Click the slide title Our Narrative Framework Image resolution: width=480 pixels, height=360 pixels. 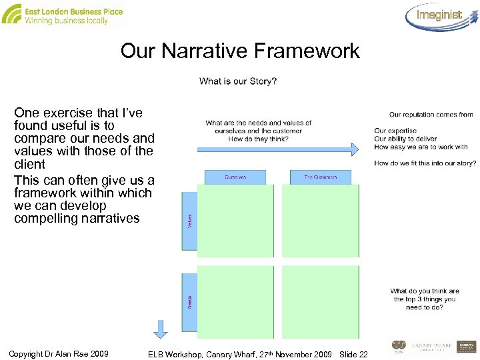240,51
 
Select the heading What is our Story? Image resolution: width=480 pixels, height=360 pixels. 238,81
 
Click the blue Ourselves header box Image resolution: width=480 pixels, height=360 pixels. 235,177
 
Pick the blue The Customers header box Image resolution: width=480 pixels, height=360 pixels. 320,177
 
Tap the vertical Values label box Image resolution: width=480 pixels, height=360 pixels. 189,221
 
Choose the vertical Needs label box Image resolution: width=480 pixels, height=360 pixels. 189,301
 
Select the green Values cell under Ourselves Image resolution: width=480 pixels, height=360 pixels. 235,221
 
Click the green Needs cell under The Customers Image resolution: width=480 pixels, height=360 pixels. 320,301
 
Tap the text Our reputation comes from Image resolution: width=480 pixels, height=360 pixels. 431,115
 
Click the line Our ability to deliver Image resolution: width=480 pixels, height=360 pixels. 405,139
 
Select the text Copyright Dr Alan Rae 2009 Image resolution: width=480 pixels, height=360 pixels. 59,353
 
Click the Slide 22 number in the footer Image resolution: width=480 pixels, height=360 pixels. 353,353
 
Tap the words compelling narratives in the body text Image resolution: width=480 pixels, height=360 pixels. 77,219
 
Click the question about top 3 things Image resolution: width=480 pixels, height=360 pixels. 425,299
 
